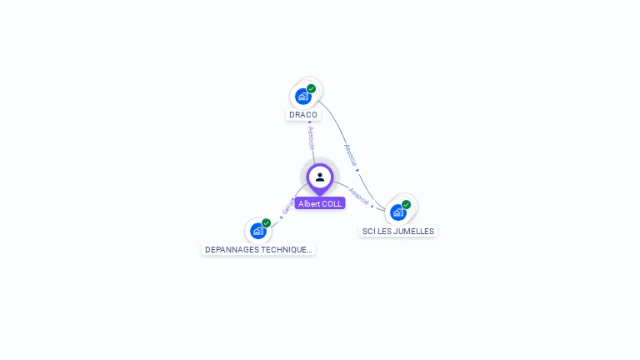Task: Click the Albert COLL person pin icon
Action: (x=320, y=177)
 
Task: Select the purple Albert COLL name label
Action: (x=320, y=203)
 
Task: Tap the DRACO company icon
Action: (x=303, y=96)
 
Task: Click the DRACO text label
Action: (x=303, y=115)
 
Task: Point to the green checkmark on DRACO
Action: (x=312, y=88)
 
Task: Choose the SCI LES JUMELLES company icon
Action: (x=398, y=212)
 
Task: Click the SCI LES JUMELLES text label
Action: (x=398, y=231)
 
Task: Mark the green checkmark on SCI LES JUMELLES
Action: (x=407, y=204)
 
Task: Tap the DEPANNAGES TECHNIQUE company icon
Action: (x=258, y=231)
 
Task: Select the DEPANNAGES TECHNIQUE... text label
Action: (x=258, y=249)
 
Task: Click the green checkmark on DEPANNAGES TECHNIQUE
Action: (x=267, y=222)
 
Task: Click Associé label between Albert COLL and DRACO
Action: (x=311, y=138)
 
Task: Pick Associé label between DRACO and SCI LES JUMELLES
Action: (x=350, y=156)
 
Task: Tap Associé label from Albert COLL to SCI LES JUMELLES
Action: (x=358, y=197)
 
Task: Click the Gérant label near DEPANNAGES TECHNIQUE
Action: (x=288, y=207)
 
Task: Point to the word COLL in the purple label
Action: (x=331, y=203)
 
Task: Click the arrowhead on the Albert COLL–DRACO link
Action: (x=310, y=122)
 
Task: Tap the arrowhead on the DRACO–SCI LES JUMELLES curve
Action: (x=358, y=171)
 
